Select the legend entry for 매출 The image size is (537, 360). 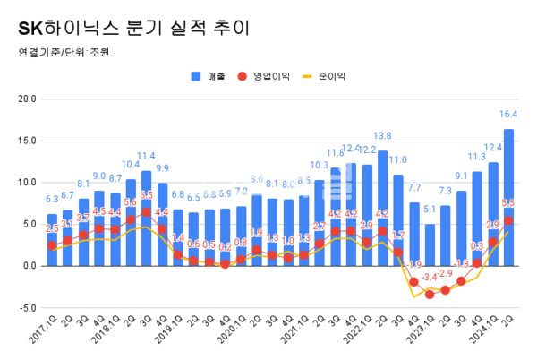coord(211,76)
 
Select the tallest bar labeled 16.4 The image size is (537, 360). coord(508,197)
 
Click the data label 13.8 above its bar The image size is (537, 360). coord(382,136)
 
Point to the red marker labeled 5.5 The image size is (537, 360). coord(508,220)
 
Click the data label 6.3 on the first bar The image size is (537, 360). coord(52,199)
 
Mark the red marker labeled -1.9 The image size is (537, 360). coord(413,282)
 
